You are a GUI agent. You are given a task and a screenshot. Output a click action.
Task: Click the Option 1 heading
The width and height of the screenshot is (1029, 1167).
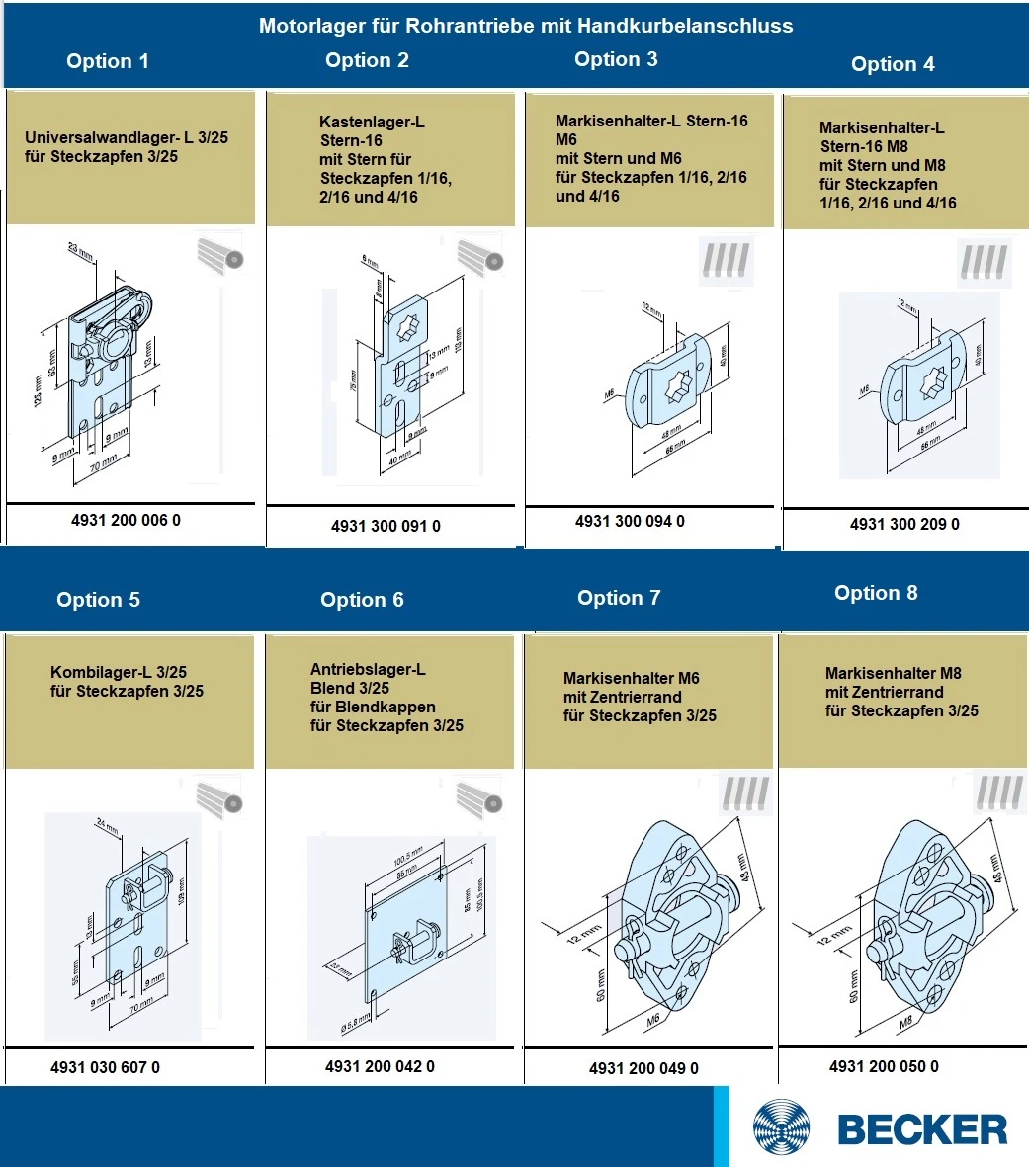pos(107,61)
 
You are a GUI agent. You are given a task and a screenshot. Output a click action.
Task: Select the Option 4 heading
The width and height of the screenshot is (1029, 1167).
pos(893,64)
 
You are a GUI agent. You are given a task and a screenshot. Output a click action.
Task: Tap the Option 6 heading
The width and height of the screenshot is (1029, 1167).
pos(362,600)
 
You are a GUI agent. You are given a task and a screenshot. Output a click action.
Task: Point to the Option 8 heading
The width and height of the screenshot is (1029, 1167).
pos(876,593)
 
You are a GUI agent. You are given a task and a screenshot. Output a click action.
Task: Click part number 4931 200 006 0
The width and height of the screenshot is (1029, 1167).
pos(126,520)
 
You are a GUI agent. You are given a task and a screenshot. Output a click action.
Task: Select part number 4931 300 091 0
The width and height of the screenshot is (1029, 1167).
pos(386,526)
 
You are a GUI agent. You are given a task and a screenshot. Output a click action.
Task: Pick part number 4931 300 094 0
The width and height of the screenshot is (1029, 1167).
pos(630,521)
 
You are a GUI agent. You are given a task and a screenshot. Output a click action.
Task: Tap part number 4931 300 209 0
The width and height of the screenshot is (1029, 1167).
pos(904,524)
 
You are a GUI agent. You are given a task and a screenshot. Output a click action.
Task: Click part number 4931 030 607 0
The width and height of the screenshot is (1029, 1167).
pos(105,1067)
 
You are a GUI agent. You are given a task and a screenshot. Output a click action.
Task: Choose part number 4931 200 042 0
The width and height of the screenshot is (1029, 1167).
pos(380,1066)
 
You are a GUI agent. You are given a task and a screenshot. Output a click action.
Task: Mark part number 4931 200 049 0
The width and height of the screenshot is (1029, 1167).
pos(643,1068)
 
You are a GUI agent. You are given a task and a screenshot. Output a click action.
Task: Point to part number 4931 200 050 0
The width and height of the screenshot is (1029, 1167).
pos(884,1066)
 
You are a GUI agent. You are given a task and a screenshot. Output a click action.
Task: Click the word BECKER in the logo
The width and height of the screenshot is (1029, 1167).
pos(922,1128)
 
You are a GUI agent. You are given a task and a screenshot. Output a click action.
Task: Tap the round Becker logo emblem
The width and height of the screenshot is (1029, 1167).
pos(781,1128)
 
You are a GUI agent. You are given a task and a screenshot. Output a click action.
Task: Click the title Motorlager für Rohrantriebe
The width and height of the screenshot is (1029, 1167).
pos(526,26)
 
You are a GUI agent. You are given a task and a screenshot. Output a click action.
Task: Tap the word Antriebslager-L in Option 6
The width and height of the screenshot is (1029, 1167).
pos(368,669)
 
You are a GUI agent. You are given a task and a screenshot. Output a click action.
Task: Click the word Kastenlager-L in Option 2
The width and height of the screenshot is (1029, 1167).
pos(372,122)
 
